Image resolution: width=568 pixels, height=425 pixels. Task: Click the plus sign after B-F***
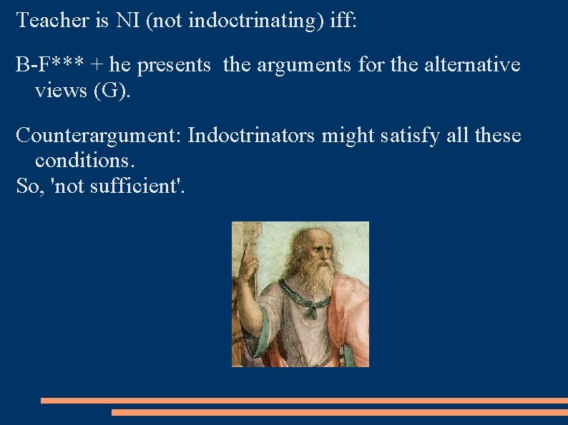click(97, 66)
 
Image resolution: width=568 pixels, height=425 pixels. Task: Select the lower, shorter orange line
click(339, 412)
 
